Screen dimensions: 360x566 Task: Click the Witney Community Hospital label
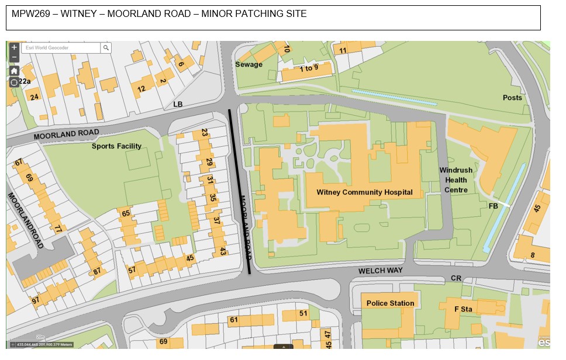click(364, 192)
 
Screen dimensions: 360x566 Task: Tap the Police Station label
click(390, 303)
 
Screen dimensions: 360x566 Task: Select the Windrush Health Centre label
click(455, 180)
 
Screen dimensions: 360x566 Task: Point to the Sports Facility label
click(116, 146)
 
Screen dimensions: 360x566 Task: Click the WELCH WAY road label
click(381, 271)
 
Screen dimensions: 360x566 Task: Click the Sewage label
click(249, 64)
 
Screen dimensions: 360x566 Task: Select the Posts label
click(512, 98)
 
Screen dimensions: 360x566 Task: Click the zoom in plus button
click(14, 47)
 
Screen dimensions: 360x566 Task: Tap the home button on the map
click(14, 71)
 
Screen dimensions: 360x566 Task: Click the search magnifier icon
click(106, 48)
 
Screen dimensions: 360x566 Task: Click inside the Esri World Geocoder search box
click(61, 48)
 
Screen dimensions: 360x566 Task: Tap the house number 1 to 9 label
click(309, 68)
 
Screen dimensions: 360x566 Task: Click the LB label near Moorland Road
click(178, 104)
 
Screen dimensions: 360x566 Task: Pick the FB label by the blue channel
click(493, 206)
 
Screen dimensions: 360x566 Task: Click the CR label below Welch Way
click(456, 278)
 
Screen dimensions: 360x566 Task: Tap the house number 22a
click(25, 81)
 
